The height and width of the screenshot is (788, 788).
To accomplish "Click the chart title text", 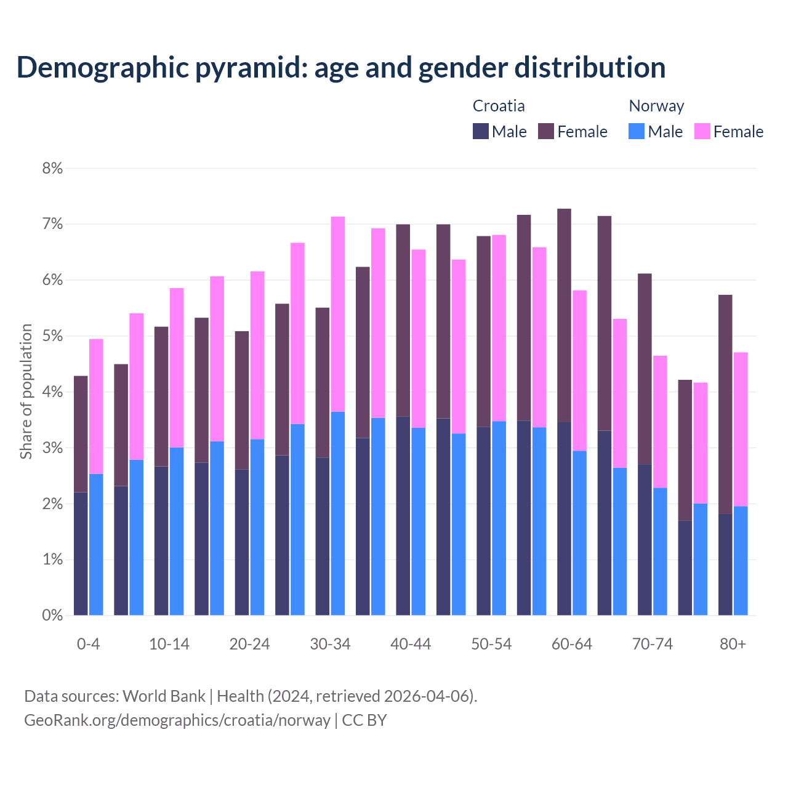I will click(340, 68).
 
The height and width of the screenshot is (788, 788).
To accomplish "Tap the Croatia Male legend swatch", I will click(481, 131).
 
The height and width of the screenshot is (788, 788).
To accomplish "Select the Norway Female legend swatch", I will click(702, 131).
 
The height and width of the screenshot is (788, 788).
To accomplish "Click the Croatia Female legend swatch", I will click(546, 131).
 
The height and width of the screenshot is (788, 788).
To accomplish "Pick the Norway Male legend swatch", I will click(637, 131).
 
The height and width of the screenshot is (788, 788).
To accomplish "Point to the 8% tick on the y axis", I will click(52, 168).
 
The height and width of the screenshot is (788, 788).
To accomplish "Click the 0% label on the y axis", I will click(52, 615).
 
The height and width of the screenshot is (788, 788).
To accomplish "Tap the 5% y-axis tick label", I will click(52, 336).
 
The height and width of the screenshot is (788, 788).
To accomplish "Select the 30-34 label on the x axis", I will click(330, 645).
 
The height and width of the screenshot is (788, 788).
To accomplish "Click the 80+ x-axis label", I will click(733, 645).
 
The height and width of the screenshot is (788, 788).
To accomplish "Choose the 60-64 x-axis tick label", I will click(572, 645).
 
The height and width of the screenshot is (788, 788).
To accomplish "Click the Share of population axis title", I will click(26, 392).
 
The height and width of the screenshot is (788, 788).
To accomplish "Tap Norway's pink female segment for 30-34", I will click(338, 314).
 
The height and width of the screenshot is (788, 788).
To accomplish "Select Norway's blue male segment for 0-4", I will click(96, 544).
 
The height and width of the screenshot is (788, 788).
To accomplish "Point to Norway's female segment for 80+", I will click(741, 429).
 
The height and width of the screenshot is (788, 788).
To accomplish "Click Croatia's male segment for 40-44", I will click(403, 516).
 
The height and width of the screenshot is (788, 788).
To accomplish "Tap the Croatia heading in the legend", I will click(499, 106).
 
